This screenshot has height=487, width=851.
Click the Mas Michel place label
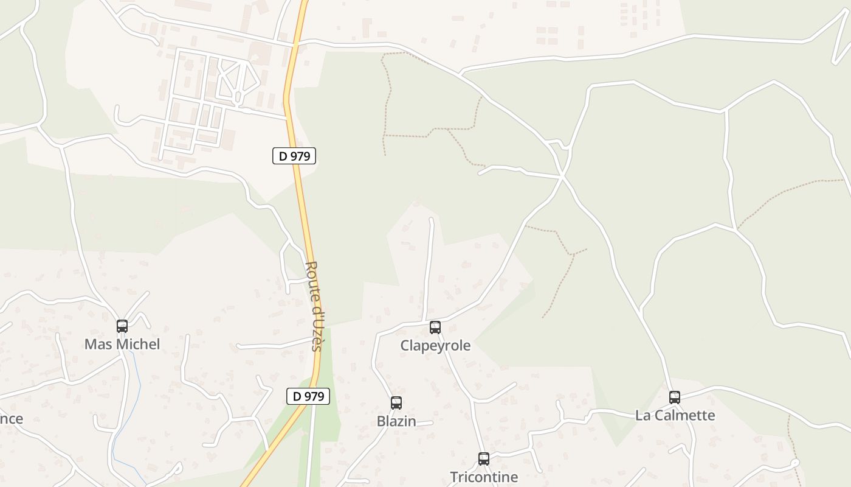coord(122,344)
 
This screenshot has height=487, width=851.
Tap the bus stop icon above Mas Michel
coord(122,326)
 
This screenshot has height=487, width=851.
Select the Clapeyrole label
coord(435,346)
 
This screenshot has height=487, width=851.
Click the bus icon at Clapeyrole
coord(435,328)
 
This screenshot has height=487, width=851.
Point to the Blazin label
coord(396,421)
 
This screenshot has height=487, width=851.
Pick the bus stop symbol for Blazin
coord(396,403)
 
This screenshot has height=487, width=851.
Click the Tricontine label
coord(484,477)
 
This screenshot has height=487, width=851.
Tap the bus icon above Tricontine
coord(484,459)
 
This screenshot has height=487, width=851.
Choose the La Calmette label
coord(675,415)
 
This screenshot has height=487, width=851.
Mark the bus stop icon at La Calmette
coord(675,398)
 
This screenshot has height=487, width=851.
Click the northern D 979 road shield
coord(294,156)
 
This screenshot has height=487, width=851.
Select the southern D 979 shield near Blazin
coord(308,396)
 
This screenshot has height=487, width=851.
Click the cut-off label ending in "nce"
coord(12,419)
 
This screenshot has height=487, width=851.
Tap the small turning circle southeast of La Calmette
coord(794,463)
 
